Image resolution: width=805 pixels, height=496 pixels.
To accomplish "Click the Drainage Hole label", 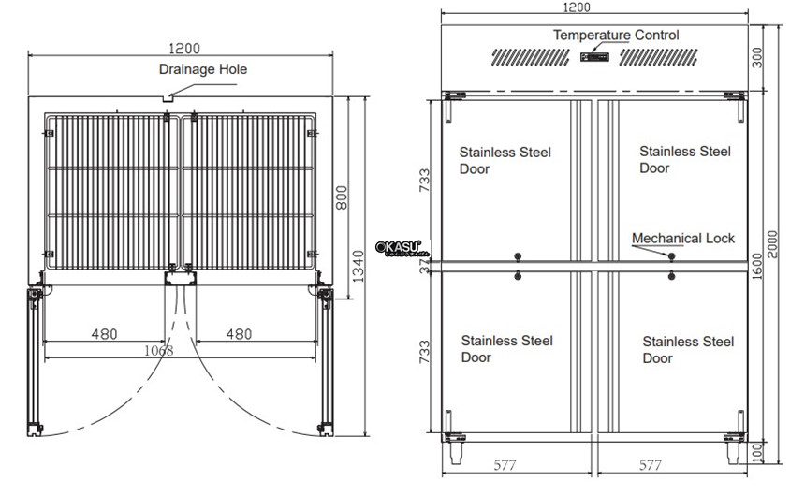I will [x=202, y=69].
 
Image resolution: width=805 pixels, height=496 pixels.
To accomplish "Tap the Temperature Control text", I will [x=615, y=36].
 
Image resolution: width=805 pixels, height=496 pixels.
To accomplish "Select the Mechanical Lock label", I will [x=683, y=239].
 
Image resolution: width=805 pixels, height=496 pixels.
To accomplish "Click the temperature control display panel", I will [x=594, y=58].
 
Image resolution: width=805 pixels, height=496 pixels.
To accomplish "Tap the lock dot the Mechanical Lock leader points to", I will [x=672, y=255].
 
